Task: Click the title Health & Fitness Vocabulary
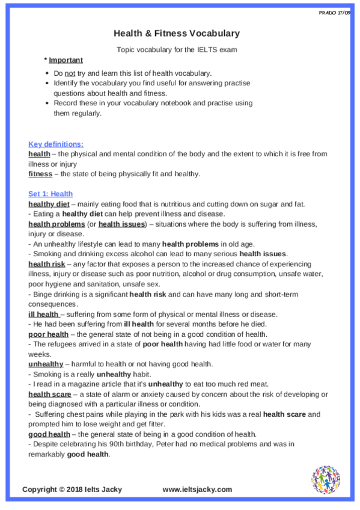pos(177,34)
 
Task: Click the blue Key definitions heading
pos(56,144)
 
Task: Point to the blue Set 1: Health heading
pos(50,194)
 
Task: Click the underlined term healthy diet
pos(49,204)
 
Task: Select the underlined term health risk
pos(47,264)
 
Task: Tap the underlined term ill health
pos(43,314)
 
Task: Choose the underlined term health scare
pos(49,394)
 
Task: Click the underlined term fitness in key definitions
pos(40,174)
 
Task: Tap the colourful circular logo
pos(326,479)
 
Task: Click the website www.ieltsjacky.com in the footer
pos(197,490)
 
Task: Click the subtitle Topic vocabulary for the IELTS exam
pos(177,49)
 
